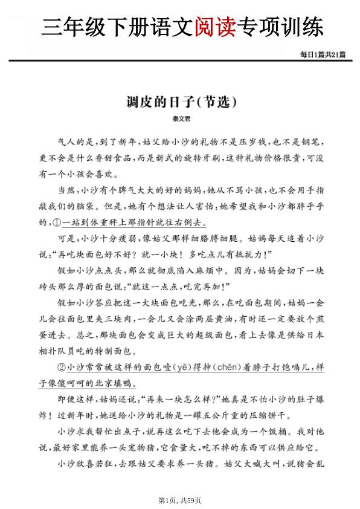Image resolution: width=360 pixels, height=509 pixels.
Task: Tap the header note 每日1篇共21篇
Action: (323, 54)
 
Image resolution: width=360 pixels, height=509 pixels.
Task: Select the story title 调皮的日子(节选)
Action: (179, 100)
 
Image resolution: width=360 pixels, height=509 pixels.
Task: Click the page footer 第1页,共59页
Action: (179, 500)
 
